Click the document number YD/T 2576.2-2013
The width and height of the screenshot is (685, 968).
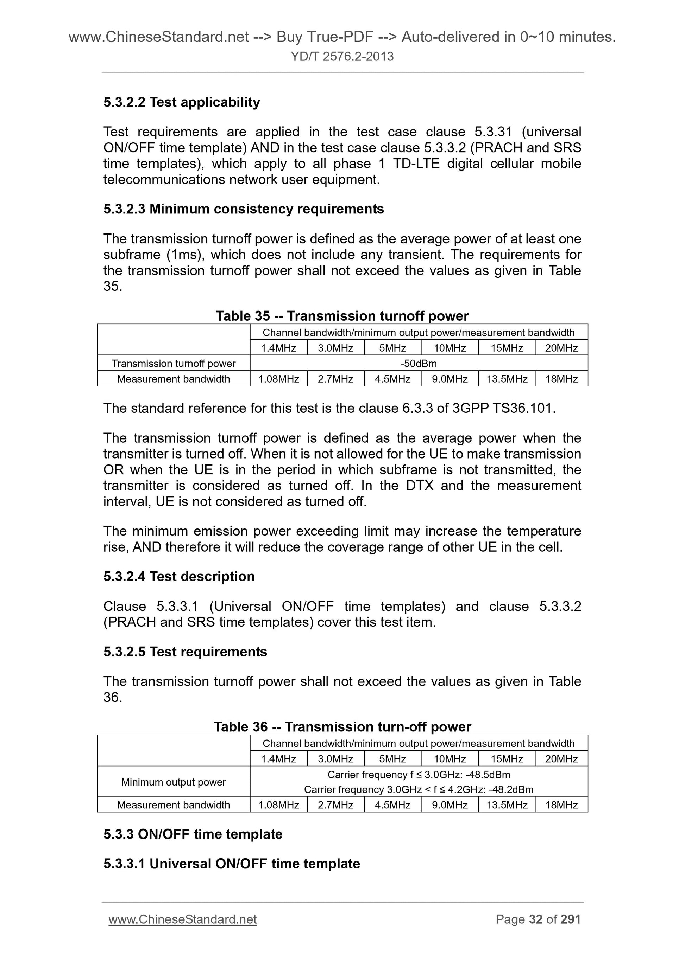(x=342, y=57)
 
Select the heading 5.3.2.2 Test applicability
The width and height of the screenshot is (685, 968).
(x=182, y=102)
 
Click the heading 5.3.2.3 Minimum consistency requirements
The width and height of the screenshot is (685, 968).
(x=244, y=209)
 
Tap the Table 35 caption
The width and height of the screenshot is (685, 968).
(x=342, y=316)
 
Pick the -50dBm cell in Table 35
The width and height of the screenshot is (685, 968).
(x=418, y=364)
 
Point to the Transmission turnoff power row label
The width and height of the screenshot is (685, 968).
(x=173, y=364)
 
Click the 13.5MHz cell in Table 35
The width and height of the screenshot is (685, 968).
(x=507, y=379)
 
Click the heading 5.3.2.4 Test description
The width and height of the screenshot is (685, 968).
(x=179, y=576)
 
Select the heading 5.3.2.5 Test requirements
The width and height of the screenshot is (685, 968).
(x=185, y=652)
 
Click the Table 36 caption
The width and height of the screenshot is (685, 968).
(x=342, y=726)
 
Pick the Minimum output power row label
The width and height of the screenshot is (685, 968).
(x=173, y=782)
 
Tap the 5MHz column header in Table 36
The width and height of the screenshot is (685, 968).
(x=392, y=759)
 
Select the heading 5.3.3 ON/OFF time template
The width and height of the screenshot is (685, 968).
(x=193, y=834)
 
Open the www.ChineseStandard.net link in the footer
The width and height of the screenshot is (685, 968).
(x=182, y=919)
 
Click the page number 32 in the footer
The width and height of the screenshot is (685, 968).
(x=535, y=919)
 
